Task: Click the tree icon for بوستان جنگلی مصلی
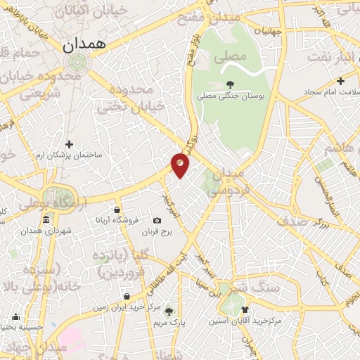[231, 84]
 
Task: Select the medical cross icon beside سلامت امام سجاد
[340, 81]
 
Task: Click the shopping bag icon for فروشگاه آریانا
[117, 210]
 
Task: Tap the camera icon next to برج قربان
[157, 221]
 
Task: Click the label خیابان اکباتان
[95, 11]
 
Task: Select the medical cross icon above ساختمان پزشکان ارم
[69, 143]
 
